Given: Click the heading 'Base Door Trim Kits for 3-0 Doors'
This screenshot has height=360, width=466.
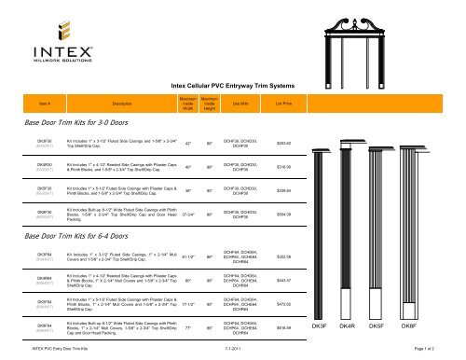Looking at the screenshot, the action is [x=77, y=147].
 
